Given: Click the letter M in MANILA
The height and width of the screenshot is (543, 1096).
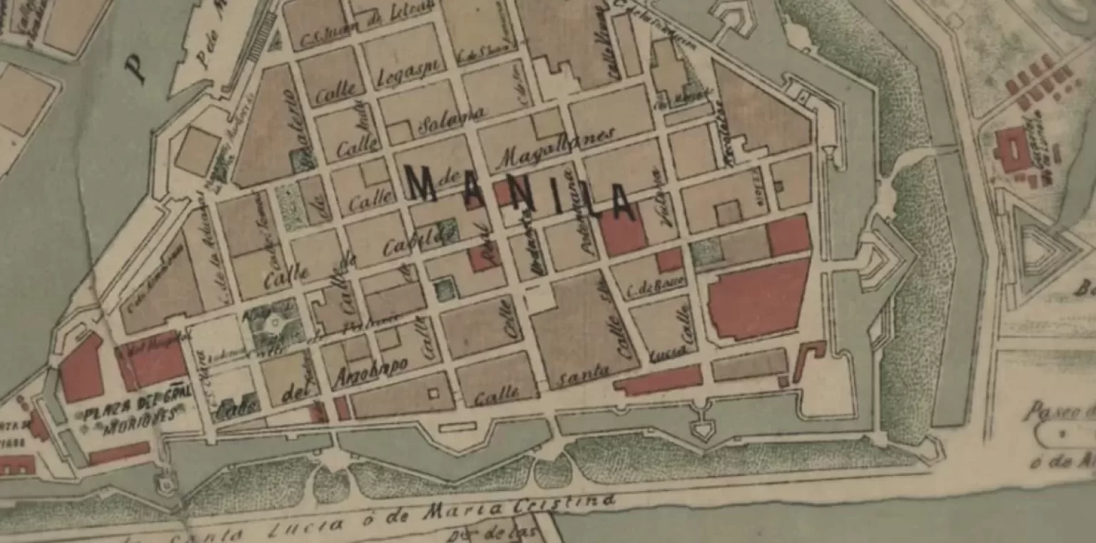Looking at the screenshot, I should click(423, 184).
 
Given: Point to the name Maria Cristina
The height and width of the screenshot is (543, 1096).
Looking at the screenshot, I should click(518, 508).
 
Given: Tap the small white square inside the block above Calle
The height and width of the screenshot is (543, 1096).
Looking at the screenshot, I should click(432, 392).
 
